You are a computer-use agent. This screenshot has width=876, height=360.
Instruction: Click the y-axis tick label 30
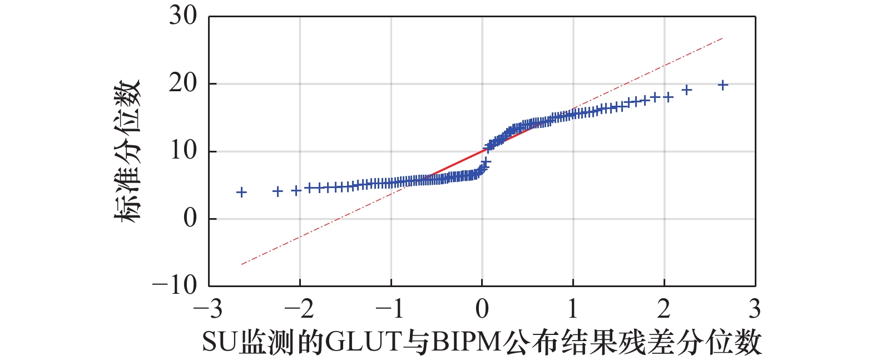(x=183, y=16)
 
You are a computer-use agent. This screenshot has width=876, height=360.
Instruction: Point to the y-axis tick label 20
(x=183, y=83)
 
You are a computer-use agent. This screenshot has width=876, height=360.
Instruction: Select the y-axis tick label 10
(x=183, y=151)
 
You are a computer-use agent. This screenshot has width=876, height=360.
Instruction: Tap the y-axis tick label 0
(x=190, y=218)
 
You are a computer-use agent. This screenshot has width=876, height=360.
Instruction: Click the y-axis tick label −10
(x=175, y=285)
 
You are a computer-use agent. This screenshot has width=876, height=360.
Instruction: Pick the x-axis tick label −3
(x=207, y=309)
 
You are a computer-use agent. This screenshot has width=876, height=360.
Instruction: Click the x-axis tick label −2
(x=299, y=309)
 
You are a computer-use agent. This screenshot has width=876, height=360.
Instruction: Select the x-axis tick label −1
(x=390, y=309)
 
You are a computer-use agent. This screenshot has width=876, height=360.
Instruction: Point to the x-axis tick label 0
(x=482, y=309)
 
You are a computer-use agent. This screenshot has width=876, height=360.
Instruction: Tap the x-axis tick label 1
(x=573, y=309)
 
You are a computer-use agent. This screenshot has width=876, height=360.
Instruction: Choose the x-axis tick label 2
(x=664, y=309)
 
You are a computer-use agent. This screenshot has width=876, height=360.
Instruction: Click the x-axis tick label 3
(x=755, y=309)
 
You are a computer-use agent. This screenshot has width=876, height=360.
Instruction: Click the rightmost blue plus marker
(x=723, y=85)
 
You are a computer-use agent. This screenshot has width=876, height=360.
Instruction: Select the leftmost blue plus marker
(x=241, y=193)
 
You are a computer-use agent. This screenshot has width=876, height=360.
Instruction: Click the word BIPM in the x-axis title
(x=466, y=343)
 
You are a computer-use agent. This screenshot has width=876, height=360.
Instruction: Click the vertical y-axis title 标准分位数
(x=127, y=151)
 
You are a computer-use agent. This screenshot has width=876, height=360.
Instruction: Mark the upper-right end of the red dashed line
(x=723, y=38)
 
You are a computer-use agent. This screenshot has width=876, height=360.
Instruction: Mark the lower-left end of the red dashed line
(x=241, y=264)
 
